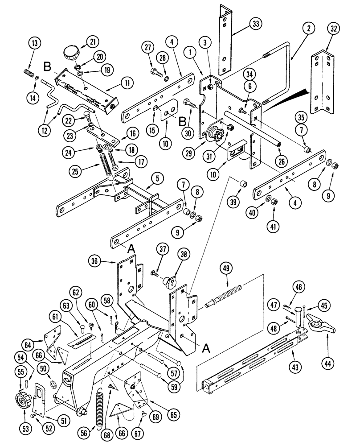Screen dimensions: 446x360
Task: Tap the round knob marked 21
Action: coord(71,54)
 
